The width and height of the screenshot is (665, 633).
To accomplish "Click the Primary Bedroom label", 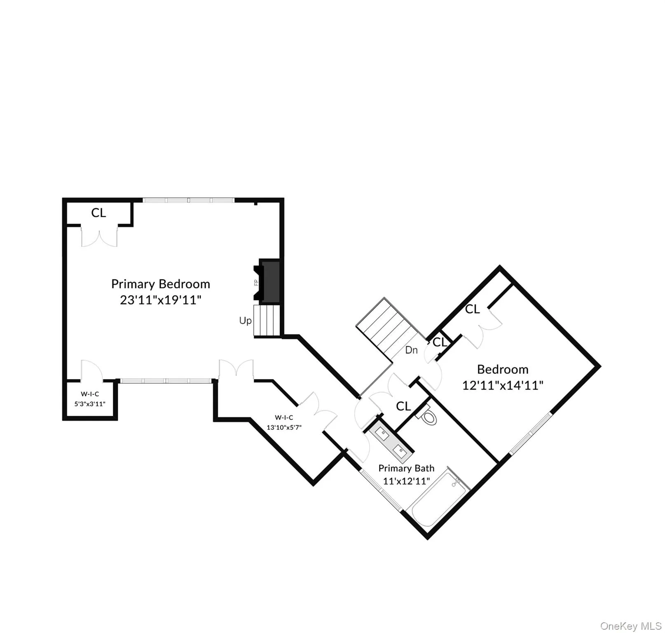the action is tap(161, 284).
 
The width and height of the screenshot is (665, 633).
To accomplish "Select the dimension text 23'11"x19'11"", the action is tap(161, 300).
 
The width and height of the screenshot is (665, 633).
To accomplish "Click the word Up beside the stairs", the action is tap(246, 321).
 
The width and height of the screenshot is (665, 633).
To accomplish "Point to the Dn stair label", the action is tap(412, 350).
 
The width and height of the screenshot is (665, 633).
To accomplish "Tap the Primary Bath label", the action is tap(406, 468).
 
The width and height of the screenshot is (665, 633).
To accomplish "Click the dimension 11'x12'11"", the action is tap(406, 481).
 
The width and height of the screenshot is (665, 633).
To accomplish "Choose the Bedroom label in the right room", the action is tap(503, 369).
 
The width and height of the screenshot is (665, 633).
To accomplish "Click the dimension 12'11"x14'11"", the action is tap(503, 385).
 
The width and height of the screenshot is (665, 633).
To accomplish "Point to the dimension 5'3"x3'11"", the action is tap(90, 404).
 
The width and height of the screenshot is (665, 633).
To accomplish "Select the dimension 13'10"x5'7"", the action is tap(284, 427).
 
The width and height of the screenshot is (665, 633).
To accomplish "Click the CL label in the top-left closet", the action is tap(99, 213).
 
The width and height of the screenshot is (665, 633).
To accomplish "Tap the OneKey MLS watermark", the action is tap(631, 626).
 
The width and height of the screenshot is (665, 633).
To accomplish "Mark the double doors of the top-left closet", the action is tap(99, 236).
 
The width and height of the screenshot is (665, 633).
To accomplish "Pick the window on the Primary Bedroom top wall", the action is tap(189, 200).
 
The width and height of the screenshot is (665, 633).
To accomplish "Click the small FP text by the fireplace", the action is tap(256, 283).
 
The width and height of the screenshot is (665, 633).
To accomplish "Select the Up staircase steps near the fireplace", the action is tap(267, 321).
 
